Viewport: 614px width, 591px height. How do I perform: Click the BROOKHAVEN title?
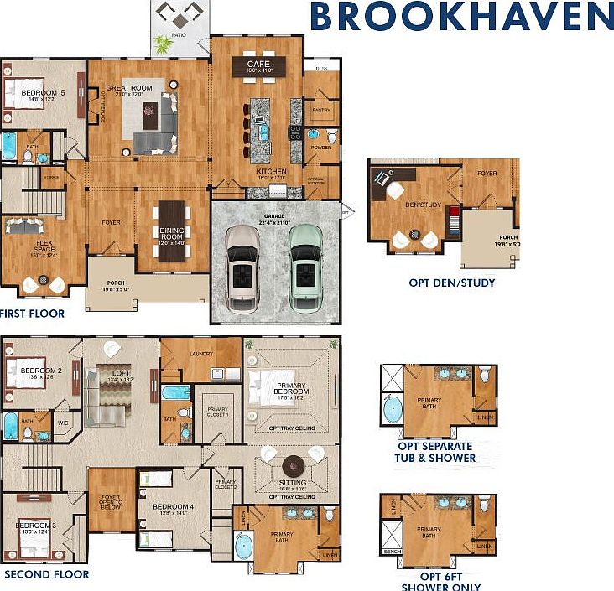click(x=460, y=16)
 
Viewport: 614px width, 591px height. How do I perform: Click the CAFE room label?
click(x=257, y=65)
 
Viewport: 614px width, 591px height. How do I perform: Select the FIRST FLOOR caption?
click(x=32, y=313)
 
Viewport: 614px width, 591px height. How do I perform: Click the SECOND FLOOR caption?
click(x=46, y=574)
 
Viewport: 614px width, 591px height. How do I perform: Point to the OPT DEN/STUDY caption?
click(x=451, y=283)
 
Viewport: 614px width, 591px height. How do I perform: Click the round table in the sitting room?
click(x=293, y=465)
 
